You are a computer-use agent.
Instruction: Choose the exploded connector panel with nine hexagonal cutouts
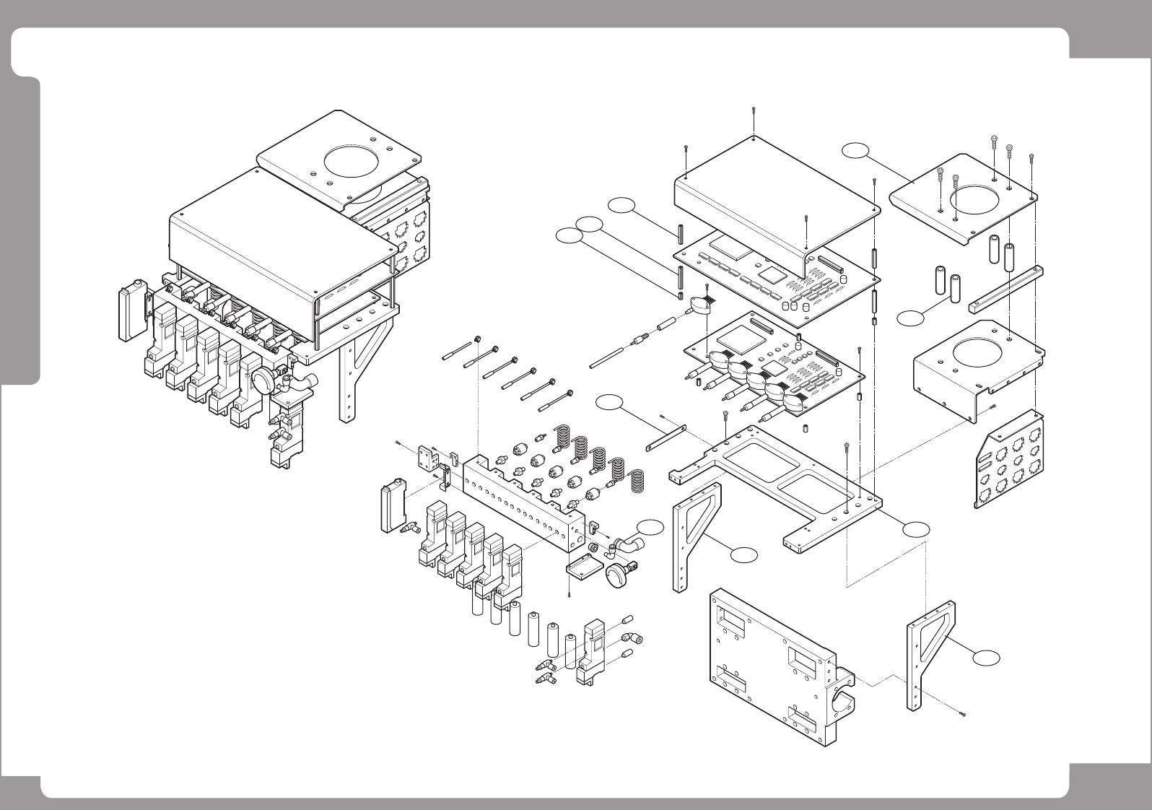(x=1011, y=462)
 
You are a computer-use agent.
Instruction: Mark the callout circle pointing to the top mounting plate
(x=856, y=150)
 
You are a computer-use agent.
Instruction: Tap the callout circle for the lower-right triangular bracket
(x=985, y=657)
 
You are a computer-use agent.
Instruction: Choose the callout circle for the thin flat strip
(x=611, y=404)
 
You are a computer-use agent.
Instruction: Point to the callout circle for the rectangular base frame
(x=915, y=529)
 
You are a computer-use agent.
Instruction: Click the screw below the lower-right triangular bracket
(x=963, y=715)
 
